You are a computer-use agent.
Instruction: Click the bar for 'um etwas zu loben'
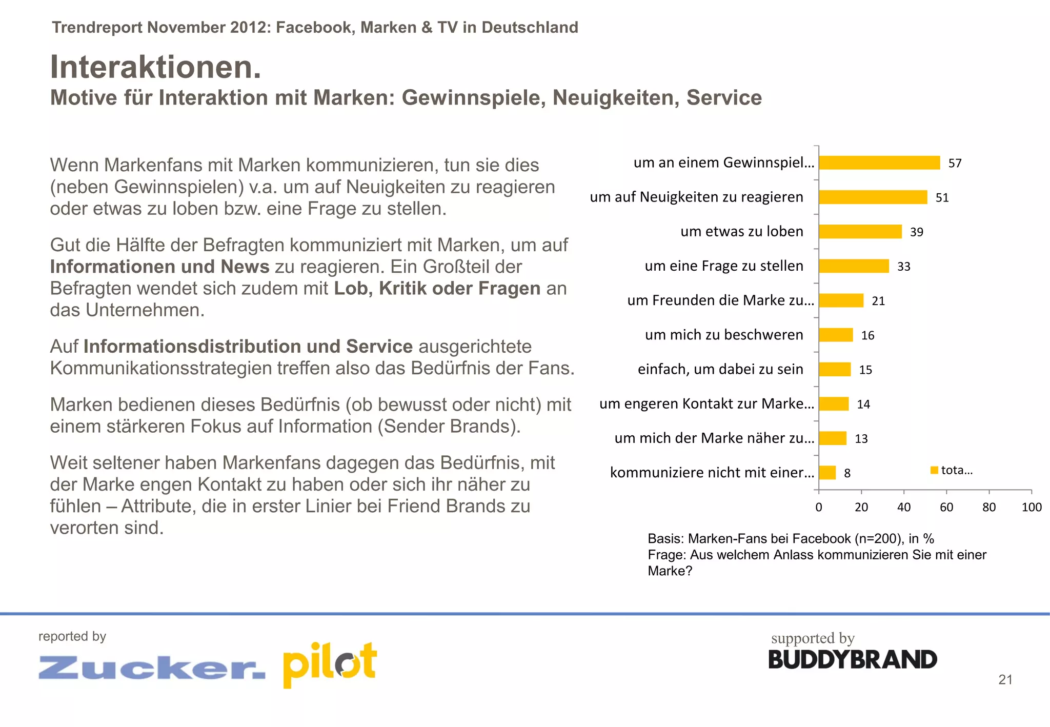860,232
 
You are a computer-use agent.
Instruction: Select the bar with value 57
879,163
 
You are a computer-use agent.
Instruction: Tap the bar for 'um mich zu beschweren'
836,335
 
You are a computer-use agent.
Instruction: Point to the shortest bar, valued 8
827,473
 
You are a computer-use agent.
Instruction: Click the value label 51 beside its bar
942,198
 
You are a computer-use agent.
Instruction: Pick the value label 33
903,267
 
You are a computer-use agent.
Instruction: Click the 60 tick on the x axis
946,507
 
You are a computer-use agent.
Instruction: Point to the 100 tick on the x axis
1031,507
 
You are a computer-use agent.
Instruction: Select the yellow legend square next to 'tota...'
934,470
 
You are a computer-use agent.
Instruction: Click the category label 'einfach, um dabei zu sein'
720,369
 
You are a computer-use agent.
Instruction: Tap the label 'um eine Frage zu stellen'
723,266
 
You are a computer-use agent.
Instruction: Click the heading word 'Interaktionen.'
155,67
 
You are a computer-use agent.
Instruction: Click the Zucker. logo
152,667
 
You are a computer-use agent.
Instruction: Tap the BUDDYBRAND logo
852,660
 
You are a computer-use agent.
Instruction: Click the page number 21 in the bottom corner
1005,680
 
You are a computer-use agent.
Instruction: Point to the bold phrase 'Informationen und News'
159,267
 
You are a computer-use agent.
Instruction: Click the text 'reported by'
72,636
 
